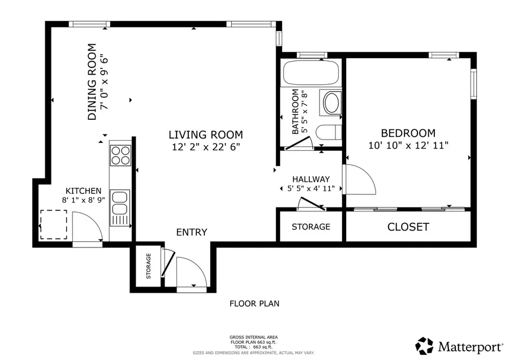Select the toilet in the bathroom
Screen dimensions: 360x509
pyautogui.click(x=328, y=133)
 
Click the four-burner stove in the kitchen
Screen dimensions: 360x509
pyautogui.click(x=120, y=155)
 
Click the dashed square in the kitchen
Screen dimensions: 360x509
pyautogui.click(x=53, y=224)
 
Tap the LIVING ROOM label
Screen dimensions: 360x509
pyautogui.click(x=205, y=135)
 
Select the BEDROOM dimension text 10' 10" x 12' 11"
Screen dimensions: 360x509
pyautogui.click(x=408, y=145)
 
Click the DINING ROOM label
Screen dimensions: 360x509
pyautogui.click(x=92, y=83)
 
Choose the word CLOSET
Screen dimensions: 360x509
pyautogui.click(x=408, y=227)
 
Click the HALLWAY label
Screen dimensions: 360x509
pyautogui.click(x=310, y=179)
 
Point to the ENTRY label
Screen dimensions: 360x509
pyautogui.click(x=191, y=232)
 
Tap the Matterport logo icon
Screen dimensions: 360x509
pyautogui.click(x=425, y=345)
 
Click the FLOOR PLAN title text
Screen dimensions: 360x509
pyautogui.click(x=254, y=303)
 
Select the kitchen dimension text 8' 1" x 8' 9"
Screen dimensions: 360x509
pyautogui.click(x=83, y=200)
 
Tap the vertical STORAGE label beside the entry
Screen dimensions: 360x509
pyautogui.click(x=149, y=266)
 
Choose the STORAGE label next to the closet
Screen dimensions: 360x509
pyautogui.click(x=310, y=227)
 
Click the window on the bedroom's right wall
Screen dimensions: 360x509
pyautogui.click(x=474, y=84)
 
